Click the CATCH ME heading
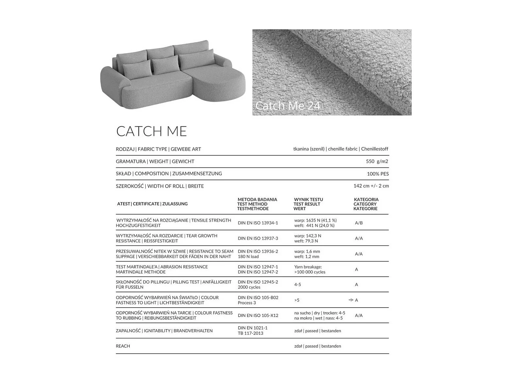point(151,131)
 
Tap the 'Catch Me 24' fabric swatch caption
point(288,105)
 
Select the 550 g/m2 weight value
point(377,161)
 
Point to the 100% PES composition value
point(377,174)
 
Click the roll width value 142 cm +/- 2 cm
point(371,186)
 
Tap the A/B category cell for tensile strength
point(359,223)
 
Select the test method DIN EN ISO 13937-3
point(258,238)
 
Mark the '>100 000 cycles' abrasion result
point(310,272)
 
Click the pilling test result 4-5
point(297,285)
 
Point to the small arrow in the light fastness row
point(351,300)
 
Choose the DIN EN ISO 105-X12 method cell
point(258,315)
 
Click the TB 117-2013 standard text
point(250,333)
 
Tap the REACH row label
point(123,346)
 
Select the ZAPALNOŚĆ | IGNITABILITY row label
point(164,331)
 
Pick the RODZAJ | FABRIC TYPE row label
point(158,149)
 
